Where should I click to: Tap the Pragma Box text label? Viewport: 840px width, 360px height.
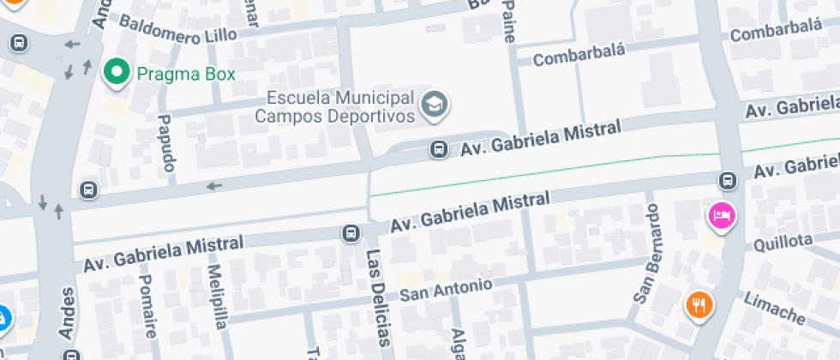[x=185, y=74]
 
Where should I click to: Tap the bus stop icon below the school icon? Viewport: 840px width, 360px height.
[x=439, y=150]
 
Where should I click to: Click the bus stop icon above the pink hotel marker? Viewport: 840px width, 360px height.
[x=728, y=180]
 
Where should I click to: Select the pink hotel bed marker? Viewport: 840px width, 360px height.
[x=721, y=213]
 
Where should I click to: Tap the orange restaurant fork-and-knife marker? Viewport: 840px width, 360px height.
[x=699, y=303]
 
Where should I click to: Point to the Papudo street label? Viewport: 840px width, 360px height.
[x=166, y=142]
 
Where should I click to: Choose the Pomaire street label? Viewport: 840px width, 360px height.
[x=147, y=307]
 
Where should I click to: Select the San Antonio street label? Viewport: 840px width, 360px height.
[x=446, y=290]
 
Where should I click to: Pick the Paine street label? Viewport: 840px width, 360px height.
[x=509, y=19]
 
